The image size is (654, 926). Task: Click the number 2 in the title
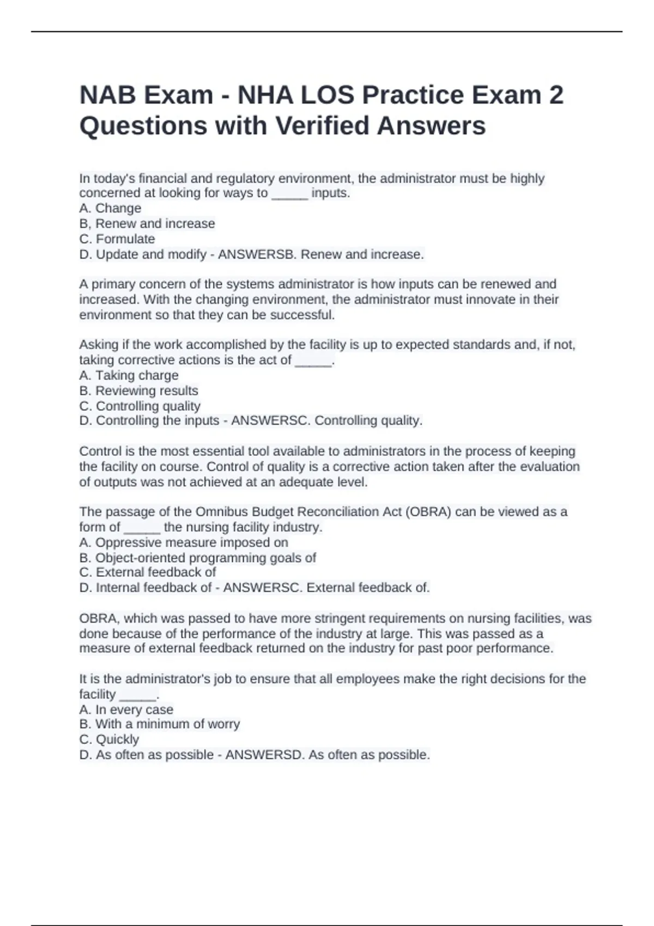(x=556, y=95)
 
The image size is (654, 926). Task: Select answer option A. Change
(x=110, y=208)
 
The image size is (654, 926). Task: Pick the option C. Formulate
(x=117, y=239)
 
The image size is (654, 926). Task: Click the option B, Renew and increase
(x=147, y=223)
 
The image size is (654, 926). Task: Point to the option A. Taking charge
(x=129, y=375)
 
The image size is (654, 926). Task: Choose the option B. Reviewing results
(x=138, y=391)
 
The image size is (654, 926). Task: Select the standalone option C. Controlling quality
(x=140, y=406)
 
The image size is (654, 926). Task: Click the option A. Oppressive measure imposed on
(x=184, y=543)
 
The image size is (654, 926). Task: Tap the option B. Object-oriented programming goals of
(x=197, y=558)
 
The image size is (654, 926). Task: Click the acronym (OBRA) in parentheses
(x=428, y=512)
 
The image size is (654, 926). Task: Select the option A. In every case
(x=126, y=710)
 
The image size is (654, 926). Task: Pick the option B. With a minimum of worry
(x=159, y=724)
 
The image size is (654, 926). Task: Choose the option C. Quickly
(x=109, y=739)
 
